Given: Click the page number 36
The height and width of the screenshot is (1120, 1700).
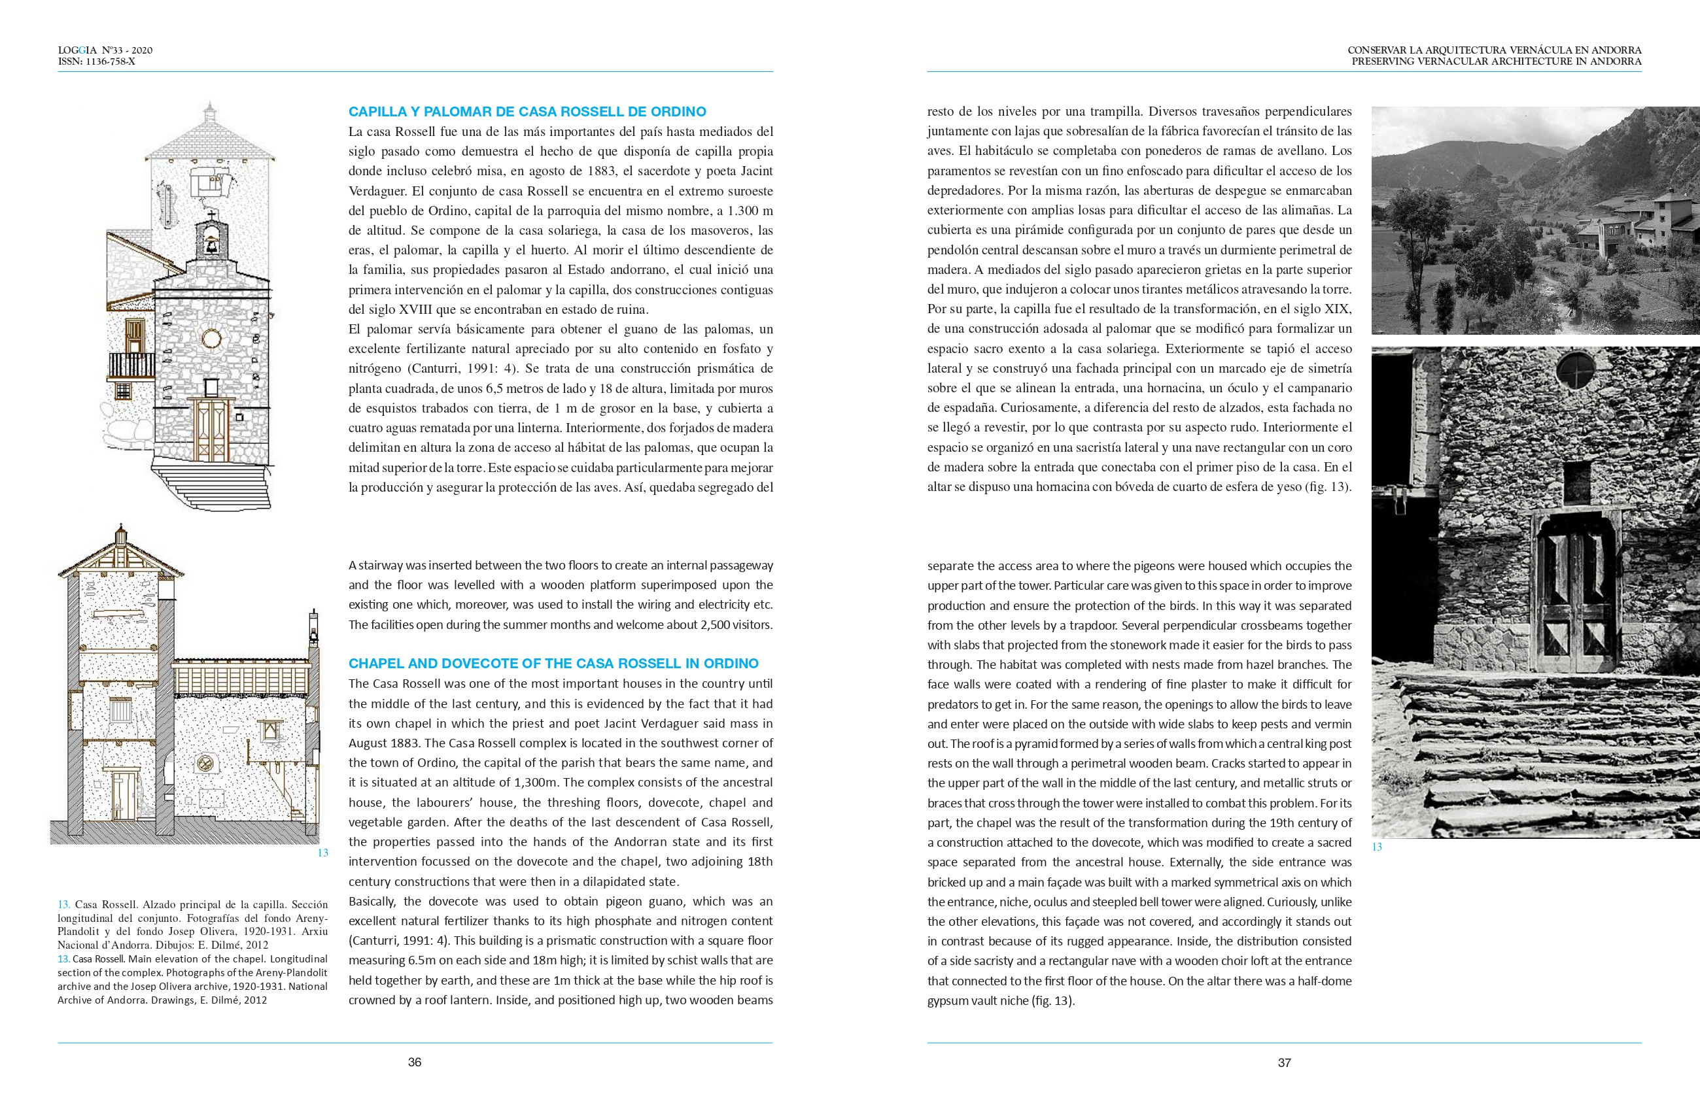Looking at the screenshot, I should (415, 1062).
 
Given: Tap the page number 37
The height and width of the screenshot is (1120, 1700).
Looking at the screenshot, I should (1284, 1063).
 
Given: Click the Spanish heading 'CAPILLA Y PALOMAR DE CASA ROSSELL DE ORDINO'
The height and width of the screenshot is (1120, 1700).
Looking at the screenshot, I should (527, 111).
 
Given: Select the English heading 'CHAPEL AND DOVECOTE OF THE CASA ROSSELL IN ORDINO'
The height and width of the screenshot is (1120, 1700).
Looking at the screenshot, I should (553, 664).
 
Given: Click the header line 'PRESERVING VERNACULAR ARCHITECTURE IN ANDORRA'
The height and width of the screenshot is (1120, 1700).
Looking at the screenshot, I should (1497, 61).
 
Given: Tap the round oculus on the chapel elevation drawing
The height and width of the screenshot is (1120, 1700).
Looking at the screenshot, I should (211, 339).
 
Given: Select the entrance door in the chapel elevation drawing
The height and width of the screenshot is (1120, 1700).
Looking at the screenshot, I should (211, 430).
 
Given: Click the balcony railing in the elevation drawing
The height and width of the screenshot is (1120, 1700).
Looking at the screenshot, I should (131, 365).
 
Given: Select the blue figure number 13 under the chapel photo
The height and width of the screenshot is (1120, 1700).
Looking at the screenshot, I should (1377, 847).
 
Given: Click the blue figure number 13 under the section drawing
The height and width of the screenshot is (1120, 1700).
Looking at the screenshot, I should (322, 853).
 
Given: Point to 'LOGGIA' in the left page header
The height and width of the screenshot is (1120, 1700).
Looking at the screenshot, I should (77, 50).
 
